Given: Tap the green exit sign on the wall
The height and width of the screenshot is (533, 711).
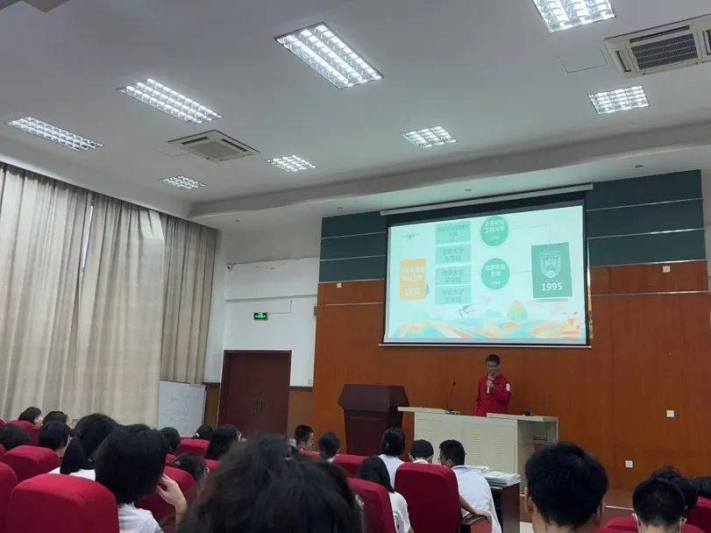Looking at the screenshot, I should point(260,316).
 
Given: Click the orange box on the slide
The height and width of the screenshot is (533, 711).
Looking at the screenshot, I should point(412,278).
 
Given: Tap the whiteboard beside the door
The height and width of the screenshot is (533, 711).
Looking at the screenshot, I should point(181,407).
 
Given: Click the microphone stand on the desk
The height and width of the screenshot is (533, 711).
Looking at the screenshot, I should point(451,396).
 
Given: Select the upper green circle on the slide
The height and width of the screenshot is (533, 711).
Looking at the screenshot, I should point(494,231).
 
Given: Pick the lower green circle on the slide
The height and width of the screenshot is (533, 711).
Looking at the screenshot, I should point(494,274).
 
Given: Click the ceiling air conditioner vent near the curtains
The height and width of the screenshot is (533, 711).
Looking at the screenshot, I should point(212,145).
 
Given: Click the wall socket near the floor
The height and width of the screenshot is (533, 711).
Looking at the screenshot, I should point(629,464).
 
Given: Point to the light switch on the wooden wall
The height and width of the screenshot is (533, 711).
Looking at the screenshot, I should point(670,414).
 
